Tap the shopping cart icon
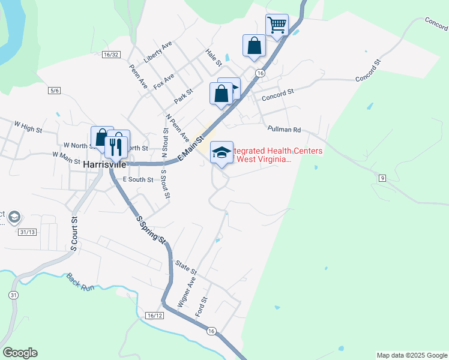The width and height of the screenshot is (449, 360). point(277,25)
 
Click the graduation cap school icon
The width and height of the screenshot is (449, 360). point(221,152)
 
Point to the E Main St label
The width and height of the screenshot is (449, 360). point(192,150)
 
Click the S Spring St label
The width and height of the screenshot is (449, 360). point(151,230)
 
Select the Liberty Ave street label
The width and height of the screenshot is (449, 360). point(158,53)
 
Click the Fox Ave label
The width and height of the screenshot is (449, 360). point(164,82)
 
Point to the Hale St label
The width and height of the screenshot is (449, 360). point(214,58)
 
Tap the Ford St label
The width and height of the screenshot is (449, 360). point(202,307)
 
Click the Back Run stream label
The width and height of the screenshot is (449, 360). point(80,282)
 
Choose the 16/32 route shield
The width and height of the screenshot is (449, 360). point(111,54)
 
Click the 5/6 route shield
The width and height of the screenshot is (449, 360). point(55,91)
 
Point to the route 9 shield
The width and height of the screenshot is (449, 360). point(382,178)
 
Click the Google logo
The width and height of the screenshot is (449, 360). point(20,353)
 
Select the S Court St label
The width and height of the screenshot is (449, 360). point(75,234)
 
